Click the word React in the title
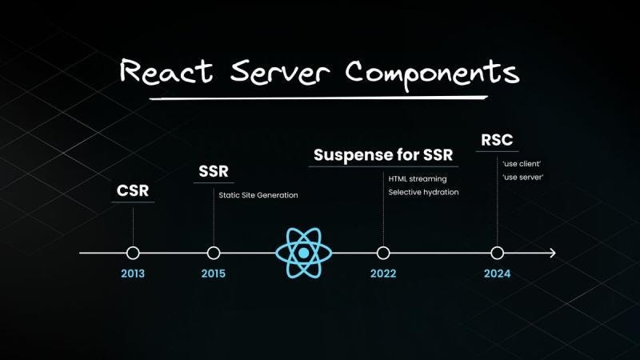coord(165,71)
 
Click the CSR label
coord(133,192)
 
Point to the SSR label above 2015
coord(214,172)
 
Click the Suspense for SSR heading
coord(383,154)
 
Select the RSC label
coord(497,140)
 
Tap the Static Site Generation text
coord(258,194)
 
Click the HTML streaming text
coord(418,178)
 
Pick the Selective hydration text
coord(424,193)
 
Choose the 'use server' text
coord(523,177)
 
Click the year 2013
coord(133,274)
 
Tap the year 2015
coord(214,274)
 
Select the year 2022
coord(383,274)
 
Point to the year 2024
coord(497,274)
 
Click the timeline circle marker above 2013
coord(133,253)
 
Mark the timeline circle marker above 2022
coord(383,253)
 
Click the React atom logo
coord(304,253)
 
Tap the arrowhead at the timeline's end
coord(552,253)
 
